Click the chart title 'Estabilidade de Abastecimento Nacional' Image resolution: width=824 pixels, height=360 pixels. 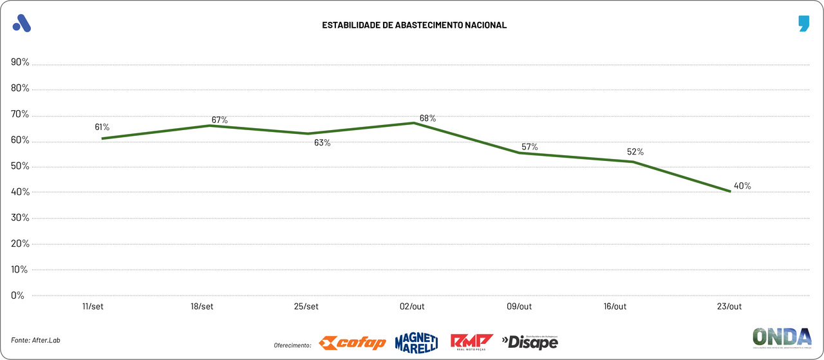click(414, 25)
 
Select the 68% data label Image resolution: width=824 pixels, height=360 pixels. click(427, 118)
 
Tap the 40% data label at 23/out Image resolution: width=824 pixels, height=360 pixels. click(742, 186)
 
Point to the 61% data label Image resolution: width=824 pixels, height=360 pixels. click(102, 128)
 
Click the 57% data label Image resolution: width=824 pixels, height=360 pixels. click(529, 147)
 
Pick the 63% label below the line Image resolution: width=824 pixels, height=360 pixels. click(322, 143)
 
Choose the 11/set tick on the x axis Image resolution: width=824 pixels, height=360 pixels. click(93, 307)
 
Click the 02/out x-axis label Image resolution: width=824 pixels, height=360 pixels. click(412, 307)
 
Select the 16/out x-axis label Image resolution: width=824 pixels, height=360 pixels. click(615, 307)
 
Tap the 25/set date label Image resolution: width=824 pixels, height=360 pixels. click(306, 307)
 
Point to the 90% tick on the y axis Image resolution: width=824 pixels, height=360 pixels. click(20, 62)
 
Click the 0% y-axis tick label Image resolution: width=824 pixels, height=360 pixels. click(17, 296)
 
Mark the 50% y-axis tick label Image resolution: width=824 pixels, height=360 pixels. click(20, 166)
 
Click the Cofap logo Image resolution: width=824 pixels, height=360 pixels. click(352, 343)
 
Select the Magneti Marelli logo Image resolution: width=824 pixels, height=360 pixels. click(416, 343)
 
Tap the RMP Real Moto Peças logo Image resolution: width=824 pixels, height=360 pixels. click(471, 342)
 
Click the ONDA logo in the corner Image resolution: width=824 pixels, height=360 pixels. click(782, 338)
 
